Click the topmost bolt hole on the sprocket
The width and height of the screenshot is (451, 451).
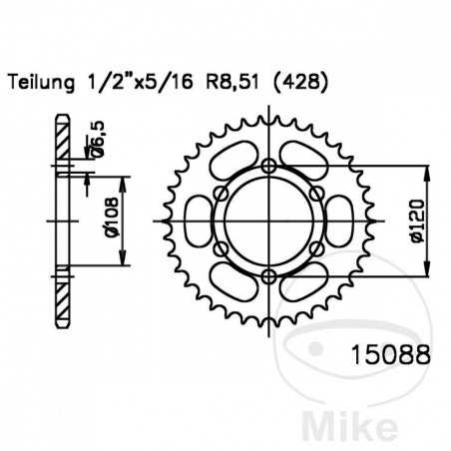[x=269, y=166]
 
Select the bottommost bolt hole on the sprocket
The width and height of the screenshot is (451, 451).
[x=269, y=277]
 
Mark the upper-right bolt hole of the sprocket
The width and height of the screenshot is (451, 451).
[x=317, y=194]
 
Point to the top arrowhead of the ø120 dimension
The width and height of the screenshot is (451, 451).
[x=430, y=170]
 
